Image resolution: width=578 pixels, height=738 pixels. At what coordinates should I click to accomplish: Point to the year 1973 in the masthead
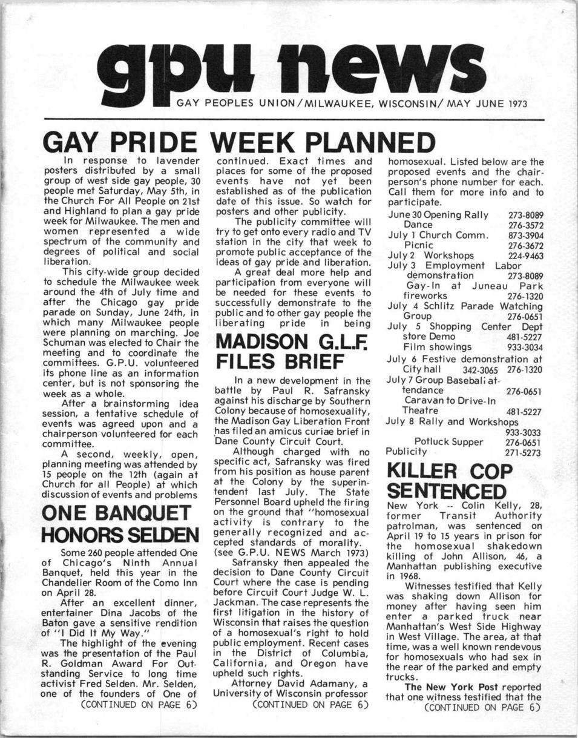coord(516,104)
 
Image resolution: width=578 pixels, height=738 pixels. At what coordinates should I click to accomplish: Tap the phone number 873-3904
coord(525,236)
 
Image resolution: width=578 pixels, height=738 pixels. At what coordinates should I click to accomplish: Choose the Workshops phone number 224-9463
coord(525,255)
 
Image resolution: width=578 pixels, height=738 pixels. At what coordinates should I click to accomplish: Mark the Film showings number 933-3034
coord(525,347)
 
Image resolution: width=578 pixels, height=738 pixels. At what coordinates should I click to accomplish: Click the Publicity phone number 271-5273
coord(523,452)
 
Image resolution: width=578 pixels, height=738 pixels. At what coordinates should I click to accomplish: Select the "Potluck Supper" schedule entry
coord(448,442)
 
